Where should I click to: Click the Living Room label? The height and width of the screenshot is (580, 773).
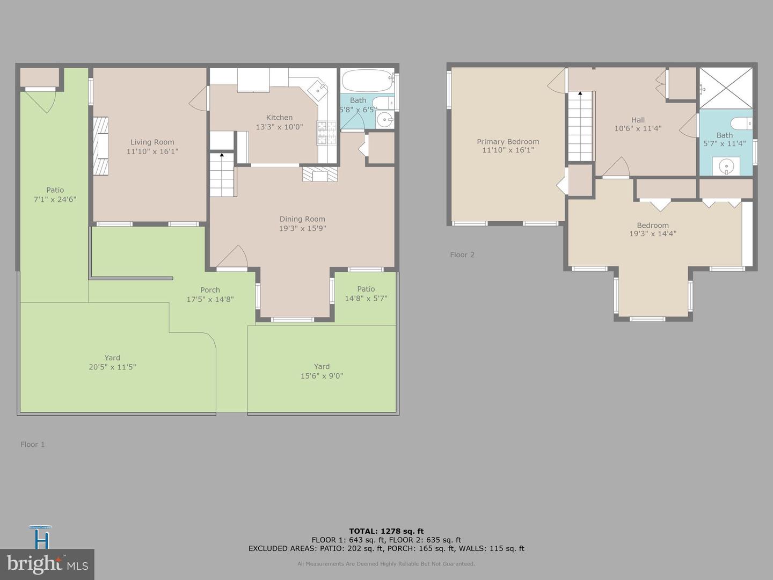[x=152, y=142]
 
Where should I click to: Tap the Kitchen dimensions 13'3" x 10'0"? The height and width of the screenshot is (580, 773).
[x=279, y=127]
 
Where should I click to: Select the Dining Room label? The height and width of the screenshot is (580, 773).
[x=302, y=219]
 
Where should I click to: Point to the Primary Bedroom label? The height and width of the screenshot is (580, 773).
[x=508, y=142]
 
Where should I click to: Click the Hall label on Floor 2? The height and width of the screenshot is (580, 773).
[x=638, y=120]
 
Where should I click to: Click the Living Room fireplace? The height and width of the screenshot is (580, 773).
[x=101, y=146]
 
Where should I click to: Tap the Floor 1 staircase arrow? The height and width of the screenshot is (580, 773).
[x=222, y=156]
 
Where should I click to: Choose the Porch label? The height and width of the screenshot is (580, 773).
[x=210, y=290]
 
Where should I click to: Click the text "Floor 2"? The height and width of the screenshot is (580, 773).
[x=462, y=255]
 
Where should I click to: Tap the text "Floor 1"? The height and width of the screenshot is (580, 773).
[x=33, y=444]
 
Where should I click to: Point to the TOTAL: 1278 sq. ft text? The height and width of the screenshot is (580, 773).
[x=386, y=531]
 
